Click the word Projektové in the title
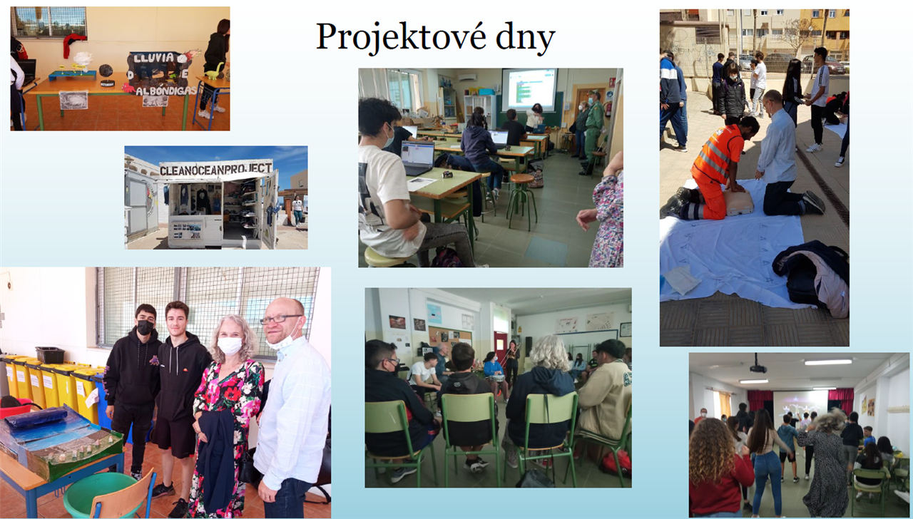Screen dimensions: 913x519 click(401, 37)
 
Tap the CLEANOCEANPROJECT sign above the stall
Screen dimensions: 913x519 click(215, 169)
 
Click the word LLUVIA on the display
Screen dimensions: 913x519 click(154, 58)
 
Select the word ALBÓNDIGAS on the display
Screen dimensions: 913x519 click(166, 91)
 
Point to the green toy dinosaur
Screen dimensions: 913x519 click(215, 72)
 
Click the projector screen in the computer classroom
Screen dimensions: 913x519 click(529, 90)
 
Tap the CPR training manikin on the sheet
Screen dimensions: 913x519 click(738, 202)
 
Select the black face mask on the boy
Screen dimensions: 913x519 click(145, 327)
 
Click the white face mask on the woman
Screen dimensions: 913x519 click(230, 346)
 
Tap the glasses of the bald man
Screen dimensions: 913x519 click(280, 319)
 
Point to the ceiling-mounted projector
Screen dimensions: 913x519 click(758, 368)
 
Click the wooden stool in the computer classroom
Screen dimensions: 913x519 click(521, 200)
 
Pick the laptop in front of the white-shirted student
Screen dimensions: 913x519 click(417, 158)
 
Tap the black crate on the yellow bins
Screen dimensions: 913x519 click(50, 354)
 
